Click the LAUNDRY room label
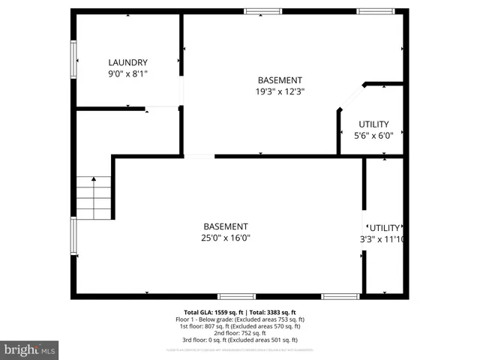coord(127,62)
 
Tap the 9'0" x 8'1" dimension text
coord(127,73)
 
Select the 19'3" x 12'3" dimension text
coord(280,91)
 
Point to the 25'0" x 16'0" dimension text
coord(226,238)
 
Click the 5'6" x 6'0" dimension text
coord(373,136)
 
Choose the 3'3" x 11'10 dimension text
coord(382,239)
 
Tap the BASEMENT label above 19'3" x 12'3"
coord(280,80)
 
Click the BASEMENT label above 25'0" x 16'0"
coord(226,226)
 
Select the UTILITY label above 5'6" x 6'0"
coord(373,124)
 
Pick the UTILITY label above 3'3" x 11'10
coord(384,228)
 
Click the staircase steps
coord(94,197)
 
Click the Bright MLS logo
coord(30,349)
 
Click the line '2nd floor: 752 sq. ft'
coord(240,333)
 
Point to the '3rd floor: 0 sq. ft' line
coord(240,340)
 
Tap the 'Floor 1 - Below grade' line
coord(240,319)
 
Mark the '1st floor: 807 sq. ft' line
coord(240,326)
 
